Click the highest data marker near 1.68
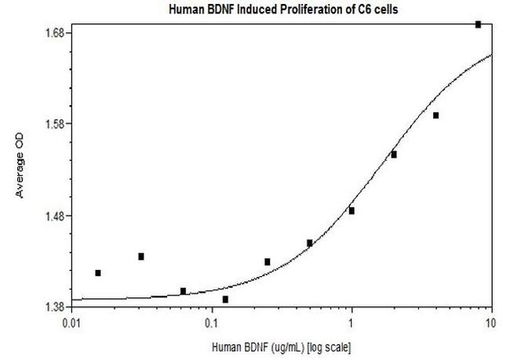click(478, 24)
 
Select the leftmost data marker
click(98, 273)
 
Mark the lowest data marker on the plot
click(225, 299)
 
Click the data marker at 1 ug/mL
click(352, 210)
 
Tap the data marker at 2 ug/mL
click(394, 155)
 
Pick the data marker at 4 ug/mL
click(435, 115)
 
